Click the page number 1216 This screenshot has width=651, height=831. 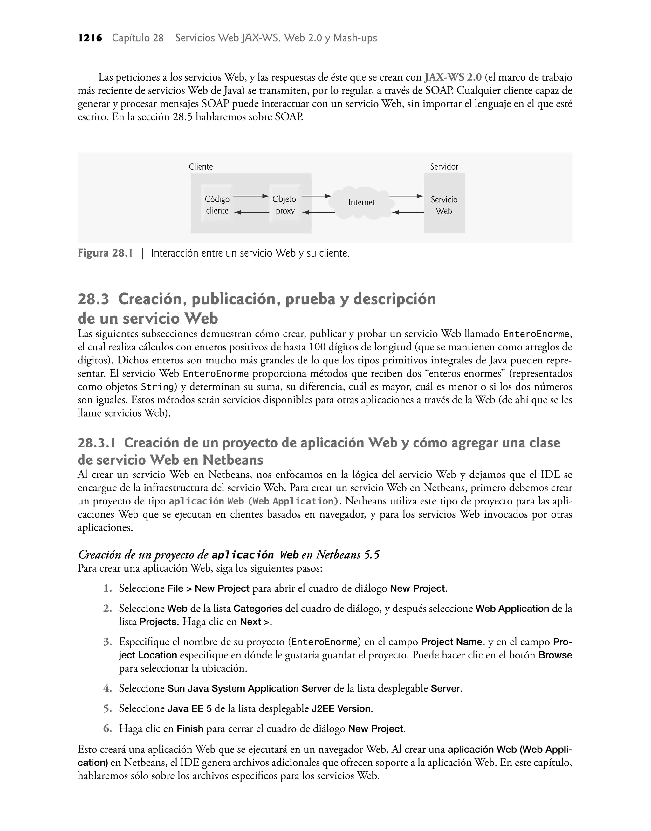90,38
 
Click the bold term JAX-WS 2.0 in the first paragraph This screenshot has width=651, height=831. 453,77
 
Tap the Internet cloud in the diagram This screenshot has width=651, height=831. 361,203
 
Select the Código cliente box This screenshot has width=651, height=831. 217,205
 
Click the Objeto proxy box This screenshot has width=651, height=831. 284,205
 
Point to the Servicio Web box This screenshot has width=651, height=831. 444,205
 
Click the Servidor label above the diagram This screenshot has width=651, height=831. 444,167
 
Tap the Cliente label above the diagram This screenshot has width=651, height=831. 201,167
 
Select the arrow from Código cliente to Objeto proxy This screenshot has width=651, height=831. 251,196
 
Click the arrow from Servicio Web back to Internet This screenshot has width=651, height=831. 408,212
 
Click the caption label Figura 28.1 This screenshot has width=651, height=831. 105,253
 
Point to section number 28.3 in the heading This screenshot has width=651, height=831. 93,299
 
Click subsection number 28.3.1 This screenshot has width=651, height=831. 96,443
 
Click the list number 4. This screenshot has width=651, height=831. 107,688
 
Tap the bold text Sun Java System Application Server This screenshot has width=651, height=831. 249,688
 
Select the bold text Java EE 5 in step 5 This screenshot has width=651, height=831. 189,708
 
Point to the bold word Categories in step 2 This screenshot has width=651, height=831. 258,608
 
